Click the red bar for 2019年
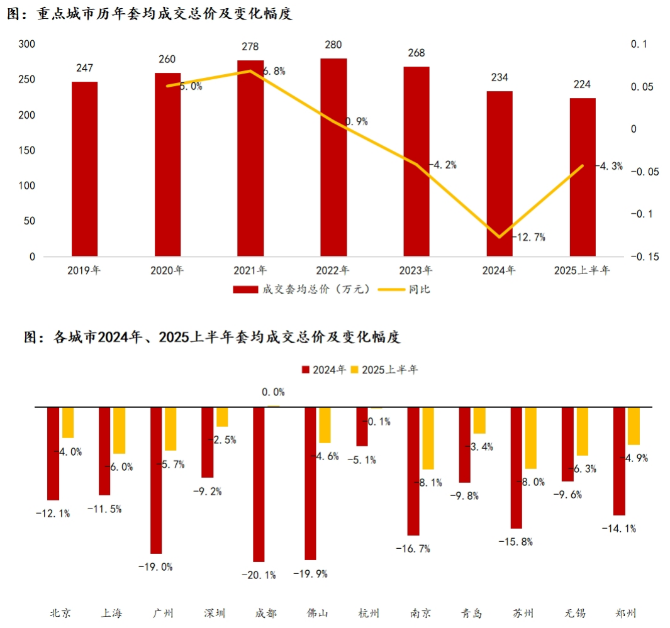point(84,169)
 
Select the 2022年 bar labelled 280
point(333,157)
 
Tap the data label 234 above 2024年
point(500,77)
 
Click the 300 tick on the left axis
point(27,45)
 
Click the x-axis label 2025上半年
point(582,271)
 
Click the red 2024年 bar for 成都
point(259,484)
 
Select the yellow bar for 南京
point(428,438)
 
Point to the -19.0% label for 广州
point(155,566)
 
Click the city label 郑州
point(626,613)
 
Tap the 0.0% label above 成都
point(273,392)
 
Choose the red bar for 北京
point(53,453)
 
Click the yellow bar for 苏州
point(531,438)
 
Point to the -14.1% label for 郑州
point(619,528)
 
